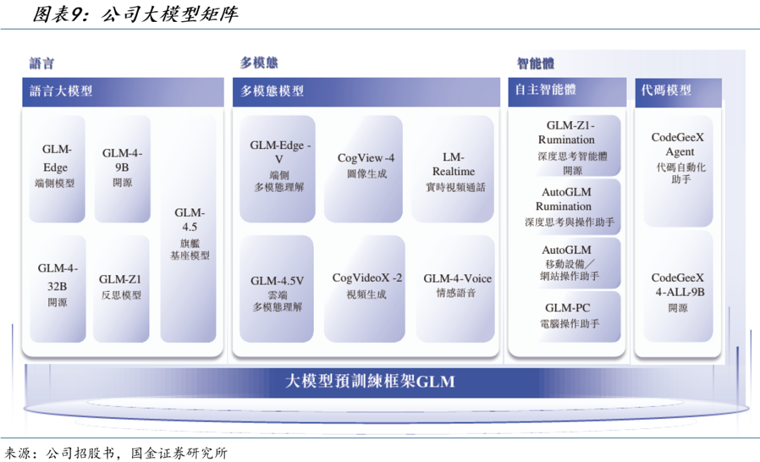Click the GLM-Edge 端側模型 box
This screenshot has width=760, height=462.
[55, 167]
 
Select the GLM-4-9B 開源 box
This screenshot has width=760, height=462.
[122, 167]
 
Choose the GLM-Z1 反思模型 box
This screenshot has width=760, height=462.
[122, 287]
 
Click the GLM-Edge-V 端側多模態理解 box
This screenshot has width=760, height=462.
[279, 167]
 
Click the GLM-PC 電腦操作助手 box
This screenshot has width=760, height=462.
[567, 316]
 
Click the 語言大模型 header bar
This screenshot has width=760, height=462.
[123, 91]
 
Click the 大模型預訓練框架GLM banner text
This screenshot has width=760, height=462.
[370, 382]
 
